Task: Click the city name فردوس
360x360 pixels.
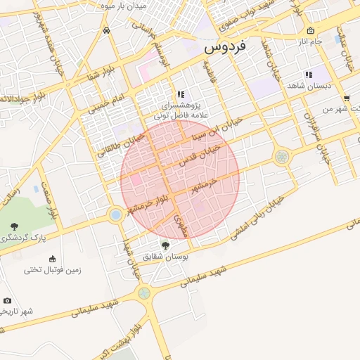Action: (225, 48)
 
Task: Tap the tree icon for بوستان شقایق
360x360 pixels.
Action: (165, 245)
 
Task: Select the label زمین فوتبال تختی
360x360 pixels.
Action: (53, 269)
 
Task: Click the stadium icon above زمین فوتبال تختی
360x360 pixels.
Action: (53, 257)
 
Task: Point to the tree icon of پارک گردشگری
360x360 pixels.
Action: (15, 226)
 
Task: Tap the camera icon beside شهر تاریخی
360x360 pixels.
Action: (7, 300)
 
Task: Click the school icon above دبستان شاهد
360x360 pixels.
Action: (308, 74)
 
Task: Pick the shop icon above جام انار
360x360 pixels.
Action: (310, 31)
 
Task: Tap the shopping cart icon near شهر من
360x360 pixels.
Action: (347, 98)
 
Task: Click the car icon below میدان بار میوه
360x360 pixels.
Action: (105, 30)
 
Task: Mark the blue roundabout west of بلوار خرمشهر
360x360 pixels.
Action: (115, 214)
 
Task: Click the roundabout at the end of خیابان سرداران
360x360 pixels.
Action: (282, 157)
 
